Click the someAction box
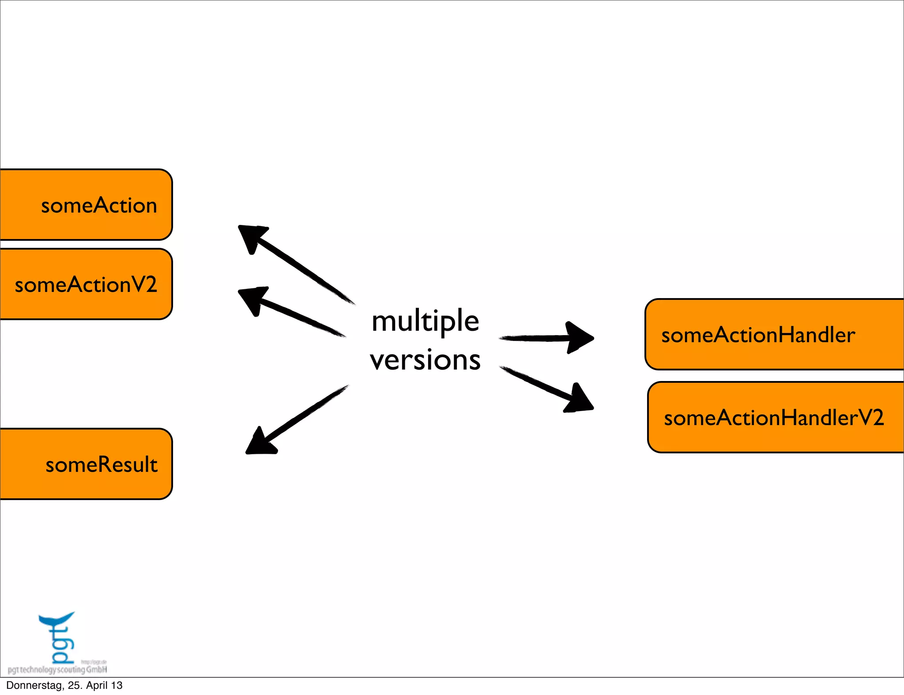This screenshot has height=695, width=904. [86, 205]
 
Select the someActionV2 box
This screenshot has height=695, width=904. [86, 284]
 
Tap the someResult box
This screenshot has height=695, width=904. [86, 464]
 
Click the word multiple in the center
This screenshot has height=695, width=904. [425, 321]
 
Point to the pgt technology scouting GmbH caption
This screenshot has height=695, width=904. [57, 670]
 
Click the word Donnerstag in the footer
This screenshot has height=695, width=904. [35, 686]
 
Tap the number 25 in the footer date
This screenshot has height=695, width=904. [75, 686]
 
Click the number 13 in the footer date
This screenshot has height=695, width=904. [117, 686]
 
